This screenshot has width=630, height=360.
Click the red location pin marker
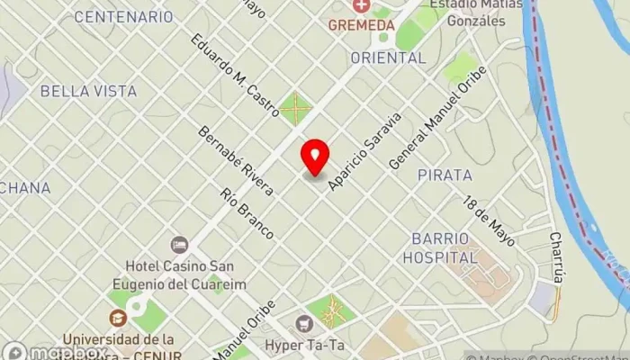pos(315,157)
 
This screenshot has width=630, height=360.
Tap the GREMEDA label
pos(362,25)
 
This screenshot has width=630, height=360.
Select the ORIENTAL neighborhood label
pos(387,58)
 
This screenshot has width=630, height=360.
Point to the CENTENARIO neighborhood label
pos(123,17)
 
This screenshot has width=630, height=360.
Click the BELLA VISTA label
pos(88,91)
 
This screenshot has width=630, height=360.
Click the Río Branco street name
pos(247,214)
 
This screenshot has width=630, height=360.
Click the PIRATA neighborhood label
pos(445,175)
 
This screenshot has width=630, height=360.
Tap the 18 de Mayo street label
pos(490,221)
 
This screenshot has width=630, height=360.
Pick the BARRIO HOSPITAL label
pos(444,247)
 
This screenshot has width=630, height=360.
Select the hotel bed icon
pos(179,245)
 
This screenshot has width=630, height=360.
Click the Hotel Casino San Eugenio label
pos(180,274)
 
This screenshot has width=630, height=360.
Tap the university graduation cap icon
pos(118,317)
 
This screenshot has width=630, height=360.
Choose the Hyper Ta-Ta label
pos(304,344)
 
